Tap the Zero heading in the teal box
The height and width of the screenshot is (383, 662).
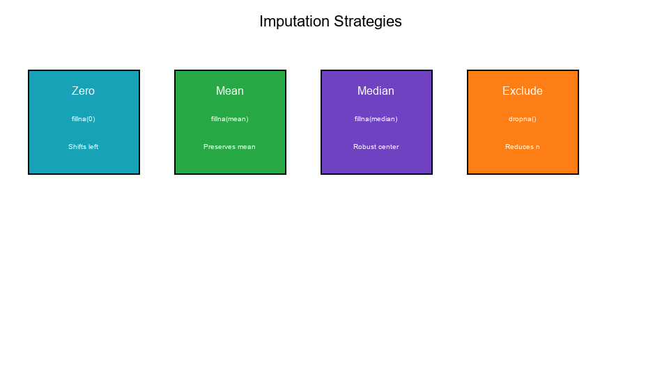(x=84, y=91)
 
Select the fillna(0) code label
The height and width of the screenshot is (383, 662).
(x=84, y=119)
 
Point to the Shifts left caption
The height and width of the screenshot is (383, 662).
(x=84, y=147)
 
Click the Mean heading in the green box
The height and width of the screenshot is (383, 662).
(x=230, y=91)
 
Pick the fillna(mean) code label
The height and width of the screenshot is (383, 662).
(x=230, y=119)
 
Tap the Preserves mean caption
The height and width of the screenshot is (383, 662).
(x=230, y=147)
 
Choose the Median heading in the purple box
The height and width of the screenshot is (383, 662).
(x=376, y=91)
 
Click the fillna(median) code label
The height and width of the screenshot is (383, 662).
(x=376, y=119)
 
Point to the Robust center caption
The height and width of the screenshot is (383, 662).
(x=376, y=147)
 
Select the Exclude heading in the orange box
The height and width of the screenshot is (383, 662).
(x=523, y=91)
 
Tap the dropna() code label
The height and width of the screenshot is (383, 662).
(x=523, y=119)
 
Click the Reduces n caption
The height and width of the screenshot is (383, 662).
(x=523, y=147)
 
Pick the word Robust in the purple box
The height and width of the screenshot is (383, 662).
(x=364, y=147)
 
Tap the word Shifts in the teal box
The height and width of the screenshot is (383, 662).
(x=77, y=147)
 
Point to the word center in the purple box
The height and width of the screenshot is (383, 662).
(x=388, y=147)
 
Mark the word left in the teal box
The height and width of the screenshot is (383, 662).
(x=93, y=147)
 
